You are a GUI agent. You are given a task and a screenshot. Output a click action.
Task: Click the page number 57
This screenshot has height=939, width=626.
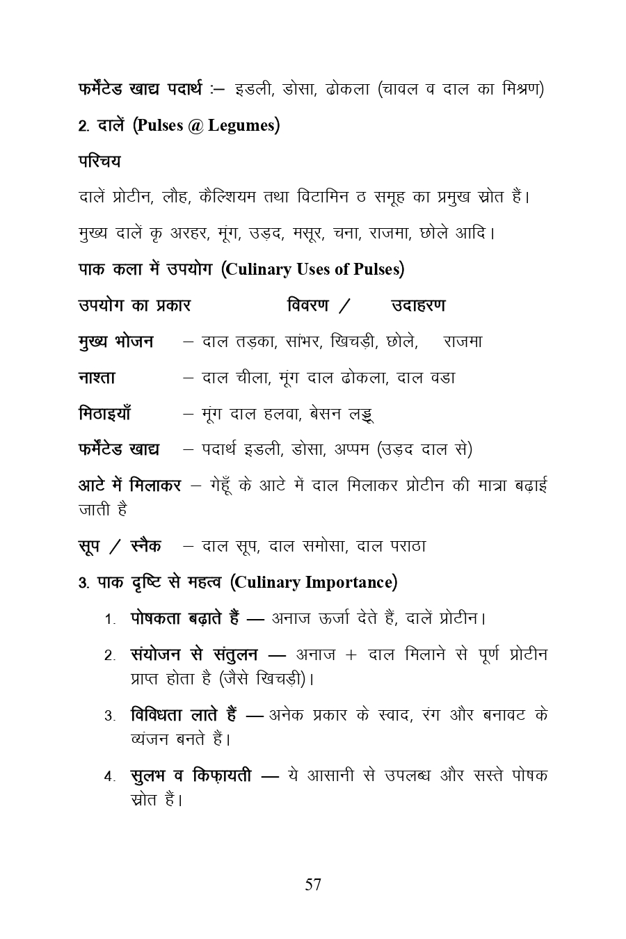tap(313, 885)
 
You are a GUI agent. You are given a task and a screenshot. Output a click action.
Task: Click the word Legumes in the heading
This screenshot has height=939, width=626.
tap(241, 126)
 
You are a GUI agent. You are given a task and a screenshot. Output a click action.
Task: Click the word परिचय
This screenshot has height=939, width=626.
tap(99, 161)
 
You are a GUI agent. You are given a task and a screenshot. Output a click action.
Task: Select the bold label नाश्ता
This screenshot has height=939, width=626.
tap(97, 378)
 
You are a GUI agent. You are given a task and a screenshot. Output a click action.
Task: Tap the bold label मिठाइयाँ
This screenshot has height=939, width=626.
tap(104, 414)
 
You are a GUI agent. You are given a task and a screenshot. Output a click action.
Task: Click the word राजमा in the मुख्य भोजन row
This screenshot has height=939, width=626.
tap(463, 342)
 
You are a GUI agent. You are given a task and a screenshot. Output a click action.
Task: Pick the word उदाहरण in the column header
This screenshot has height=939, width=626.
tap(418, 305)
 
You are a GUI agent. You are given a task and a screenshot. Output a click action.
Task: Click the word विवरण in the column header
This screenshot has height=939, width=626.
tap(308, 305)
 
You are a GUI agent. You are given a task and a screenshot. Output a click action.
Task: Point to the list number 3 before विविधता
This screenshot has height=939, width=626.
tap(109, 716)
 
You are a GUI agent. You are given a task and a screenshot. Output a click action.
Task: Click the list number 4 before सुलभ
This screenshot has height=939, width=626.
tap(109, 776)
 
